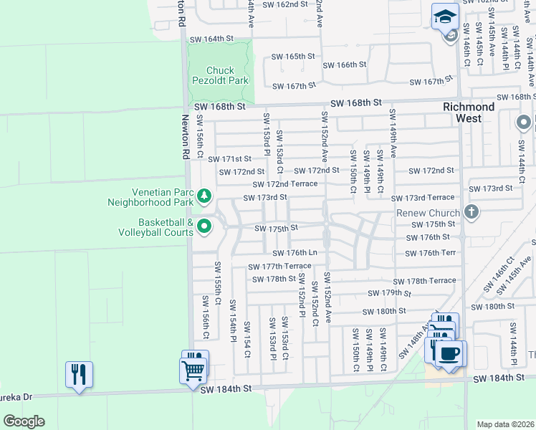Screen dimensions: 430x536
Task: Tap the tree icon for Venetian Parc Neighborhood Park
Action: click(204, 195)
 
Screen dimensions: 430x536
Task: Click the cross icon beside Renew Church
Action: click(471, 211)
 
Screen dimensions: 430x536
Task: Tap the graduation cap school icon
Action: click(445, 16)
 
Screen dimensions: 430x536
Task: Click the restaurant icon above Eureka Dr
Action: click(79, 375)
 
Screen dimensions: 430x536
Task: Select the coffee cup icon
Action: click(450, 354)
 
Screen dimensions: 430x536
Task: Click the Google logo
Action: click(23, 421)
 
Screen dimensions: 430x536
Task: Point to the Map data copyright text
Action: click(505, 424)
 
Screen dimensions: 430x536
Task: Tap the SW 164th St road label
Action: click(209, 38)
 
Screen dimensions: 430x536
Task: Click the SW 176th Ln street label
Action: click(294, 252)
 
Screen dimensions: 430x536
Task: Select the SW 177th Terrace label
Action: click(279, 266)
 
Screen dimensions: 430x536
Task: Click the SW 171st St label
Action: click(230, 158)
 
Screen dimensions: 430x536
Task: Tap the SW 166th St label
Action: click(345, 64)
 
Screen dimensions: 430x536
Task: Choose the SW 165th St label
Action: click(293, 56)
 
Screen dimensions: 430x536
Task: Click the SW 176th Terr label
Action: click(431, 253)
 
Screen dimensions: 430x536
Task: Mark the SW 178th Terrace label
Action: click(424, 280)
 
